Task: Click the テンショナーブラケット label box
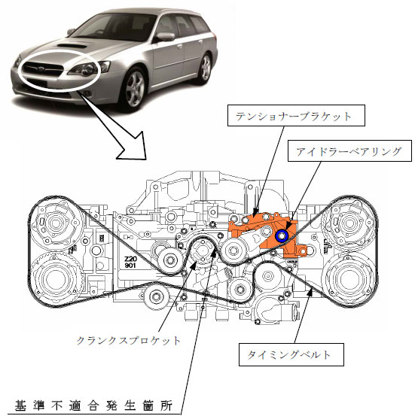(296, 115)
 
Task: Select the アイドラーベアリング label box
(349, 150)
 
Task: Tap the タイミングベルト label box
(291, 354)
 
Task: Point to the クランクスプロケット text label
(129, 341)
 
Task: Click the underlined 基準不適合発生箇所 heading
(93, 405)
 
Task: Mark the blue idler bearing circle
(282, 236)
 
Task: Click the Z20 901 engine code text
(130, 262)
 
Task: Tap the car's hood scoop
(72, 46)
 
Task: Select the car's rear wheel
(206, 68)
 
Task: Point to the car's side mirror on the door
(166, 37)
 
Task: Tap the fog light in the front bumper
(87, 93)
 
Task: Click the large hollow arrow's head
(135, 148)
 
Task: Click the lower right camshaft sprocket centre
(349, 279)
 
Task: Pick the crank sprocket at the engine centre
(203, 251)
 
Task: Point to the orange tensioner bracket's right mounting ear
(302, 250)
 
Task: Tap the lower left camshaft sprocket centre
(55, 279)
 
